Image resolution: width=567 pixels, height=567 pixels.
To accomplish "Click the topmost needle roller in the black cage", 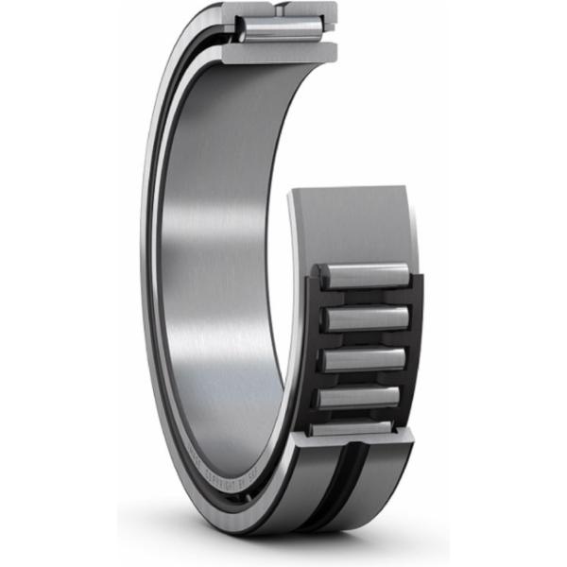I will tap(365, 276).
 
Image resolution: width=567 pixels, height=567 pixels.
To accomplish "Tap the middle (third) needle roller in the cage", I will tap(365, 359).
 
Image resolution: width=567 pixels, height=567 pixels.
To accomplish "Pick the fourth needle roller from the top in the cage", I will tap(363, 398).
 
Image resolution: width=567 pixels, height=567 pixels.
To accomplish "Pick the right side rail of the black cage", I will tap(417, 350).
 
